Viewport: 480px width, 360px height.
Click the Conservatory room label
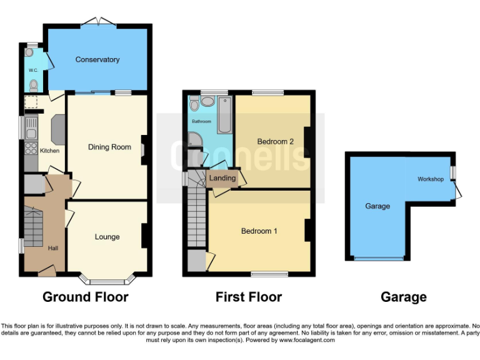click(97, 59)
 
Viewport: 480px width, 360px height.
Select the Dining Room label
click(109, 147)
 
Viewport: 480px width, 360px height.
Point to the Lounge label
click(107, 237)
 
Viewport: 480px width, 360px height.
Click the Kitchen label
click(49, 151)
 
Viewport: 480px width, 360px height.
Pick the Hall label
click(52, 248)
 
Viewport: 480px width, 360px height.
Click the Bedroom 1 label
click(259, 231)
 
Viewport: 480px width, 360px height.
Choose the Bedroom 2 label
click(275, 141)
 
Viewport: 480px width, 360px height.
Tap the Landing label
click(222, 178)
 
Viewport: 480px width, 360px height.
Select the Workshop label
click(431, 179)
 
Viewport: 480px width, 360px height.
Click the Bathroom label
click(201, 121)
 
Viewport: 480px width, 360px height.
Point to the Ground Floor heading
click(85, 297)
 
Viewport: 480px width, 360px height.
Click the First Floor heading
click(249, 297)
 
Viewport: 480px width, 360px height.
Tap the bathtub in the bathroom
click(225, 115)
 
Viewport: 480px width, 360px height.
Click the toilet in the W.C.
click(33, 85)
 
